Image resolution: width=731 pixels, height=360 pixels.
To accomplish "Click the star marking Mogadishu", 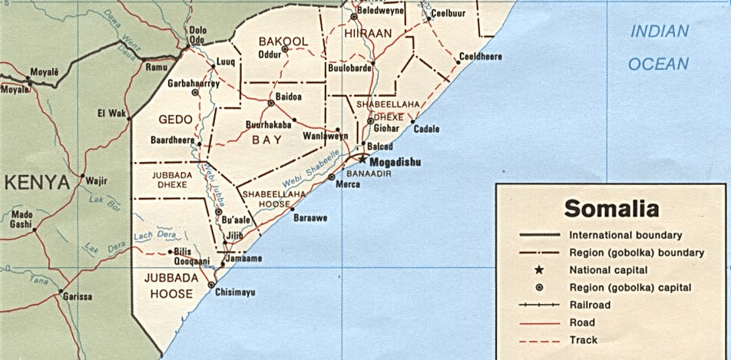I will point(362,159).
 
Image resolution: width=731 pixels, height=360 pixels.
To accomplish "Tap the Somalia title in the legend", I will point(611,208).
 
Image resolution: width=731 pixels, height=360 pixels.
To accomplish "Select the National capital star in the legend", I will point(539,270).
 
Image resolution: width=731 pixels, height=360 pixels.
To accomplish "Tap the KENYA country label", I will point(36,182).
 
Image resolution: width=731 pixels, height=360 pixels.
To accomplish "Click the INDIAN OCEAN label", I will point(658,48).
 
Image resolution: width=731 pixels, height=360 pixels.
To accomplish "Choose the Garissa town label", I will point(78,296).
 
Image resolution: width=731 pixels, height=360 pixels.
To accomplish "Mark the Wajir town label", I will point(96,181).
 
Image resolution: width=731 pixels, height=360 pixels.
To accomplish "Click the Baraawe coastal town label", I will point(309,218).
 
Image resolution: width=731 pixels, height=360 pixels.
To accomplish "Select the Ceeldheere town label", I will point(480,56).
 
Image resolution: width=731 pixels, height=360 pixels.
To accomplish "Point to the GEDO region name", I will point(174,120).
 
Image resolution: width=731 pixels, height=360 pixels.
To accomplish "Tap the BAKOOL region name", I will point(283,41).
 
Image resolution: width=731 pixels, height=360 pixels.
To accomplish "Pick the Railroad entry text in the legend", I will point(590,305).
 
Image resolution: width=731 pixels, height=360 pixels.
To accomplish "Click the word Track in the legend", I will point(583,340).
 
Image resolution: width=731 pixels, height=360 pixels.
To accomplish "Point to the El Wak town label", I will point(112,113).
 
